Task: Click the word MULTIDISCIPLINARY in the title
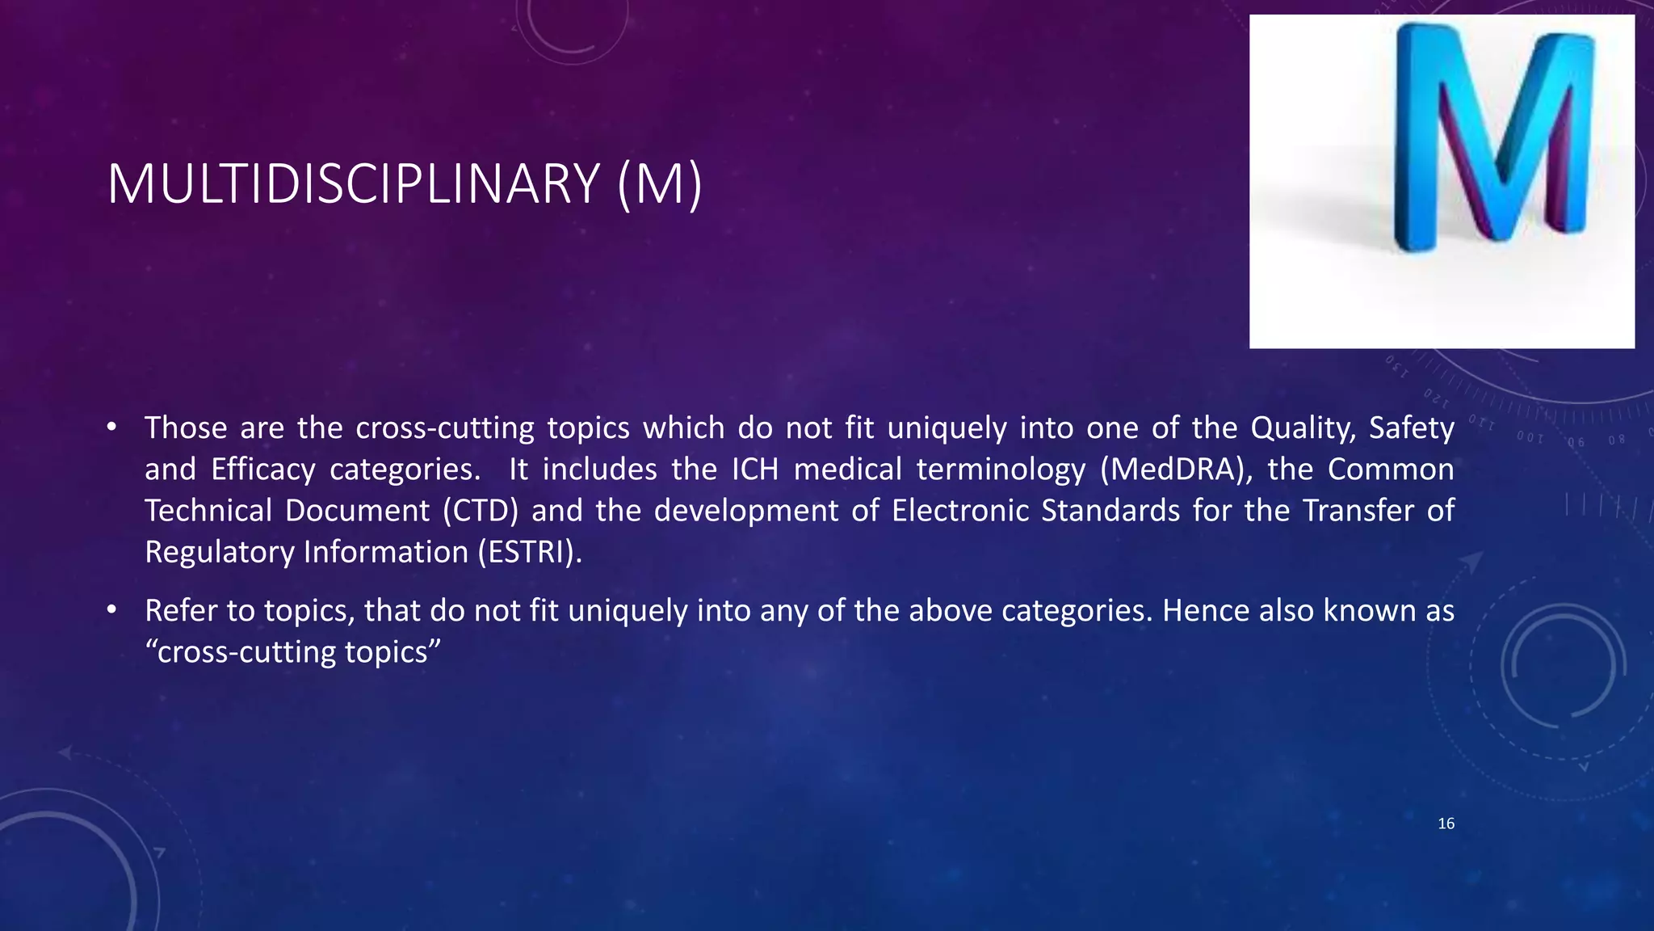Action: [353, 185]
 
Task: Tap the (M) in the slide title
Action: [660, 185]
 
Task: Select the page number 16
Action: [1446, 824]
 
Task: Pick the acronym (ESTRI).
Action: [529, 552]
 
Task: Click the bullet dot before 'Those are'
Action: [112, 427]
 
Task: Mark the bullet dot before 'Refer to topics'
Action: [112, 610]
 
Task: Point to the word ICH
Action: [755, 470]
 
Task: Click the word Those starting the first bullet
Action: [186, 428]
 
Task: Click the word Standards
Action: [1110, 511]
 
